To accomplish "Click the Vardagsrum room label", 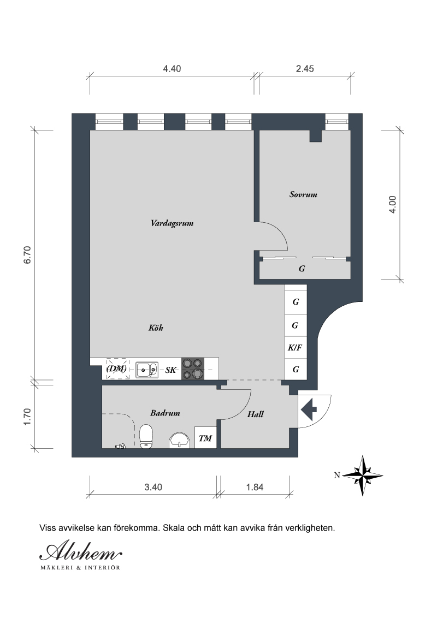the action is tap(172, 223).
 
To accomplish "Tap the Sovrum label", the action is tap(303, 194).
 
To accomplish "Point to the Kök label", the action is tap(156, 328).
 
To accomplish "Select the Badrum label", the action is tap(165, 413).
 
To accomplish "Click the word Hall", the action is tap(256, 414).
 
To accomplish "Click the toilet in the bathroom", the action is tap(146, 436).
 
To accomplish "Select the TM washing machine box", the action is tap(205, 438).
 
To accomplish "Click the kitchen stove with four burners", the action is tap(193, 369).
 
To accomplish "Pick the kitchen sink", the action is tap(147, 370).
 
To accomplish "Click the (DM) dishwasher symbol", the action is tap(117, 369).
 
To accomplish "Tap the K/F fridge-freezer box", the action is tap(296, 348).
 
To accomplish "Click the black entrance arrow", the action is tap(309, 410).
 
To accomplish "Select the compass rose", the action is tap(363, 476).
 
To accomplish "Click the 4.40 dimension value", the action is tap(172, 69).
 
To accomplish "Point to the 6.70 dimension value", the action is tap(27, 255).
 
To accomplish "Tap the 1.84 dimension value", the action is tap(255, 488).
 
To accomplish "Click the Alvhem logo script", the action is tap(81, 552).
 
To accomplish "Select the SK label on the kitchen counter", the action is tap(171, 370).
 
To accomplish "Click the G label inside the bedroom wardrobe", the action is tap(302, 269).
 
